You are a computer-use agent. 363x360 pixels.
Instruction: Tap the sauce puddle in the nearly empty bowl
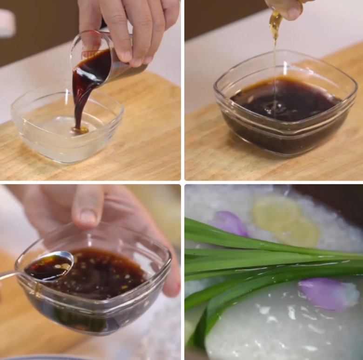pos(80,130)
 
